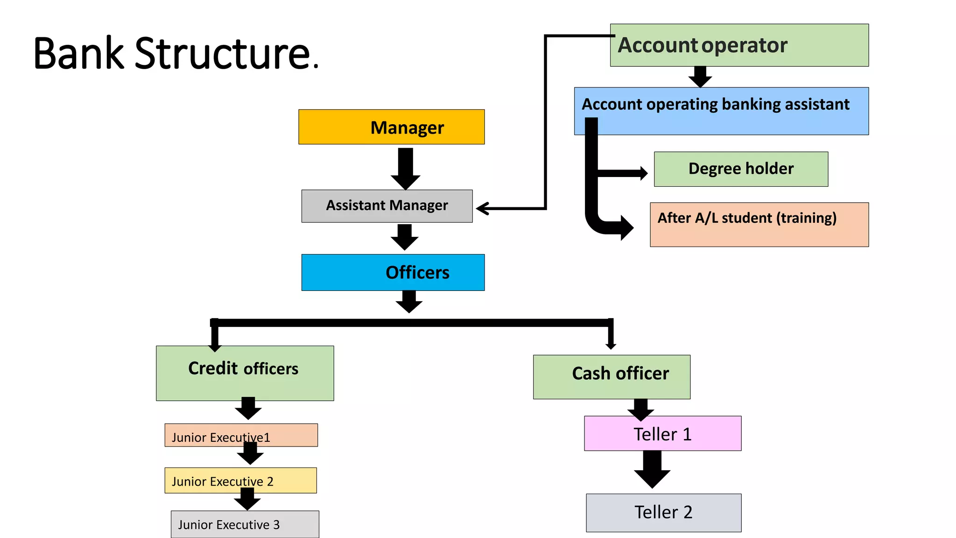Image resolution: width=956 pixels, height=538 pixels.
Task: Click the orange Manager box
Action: (391, 127)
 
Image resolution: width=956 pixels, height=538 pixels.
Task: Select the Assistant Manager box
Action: (387, 206)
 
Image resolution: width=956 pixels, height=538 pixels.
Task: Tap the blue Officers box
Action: (393, 272)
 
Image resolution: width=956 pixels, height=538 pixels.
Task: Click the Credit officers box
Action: (245, 373)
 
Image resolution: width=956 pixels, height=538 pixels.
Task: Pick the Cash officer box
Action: (611, 376)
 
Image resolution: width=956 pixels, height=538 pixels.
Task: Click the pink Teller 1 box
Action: (662, 433)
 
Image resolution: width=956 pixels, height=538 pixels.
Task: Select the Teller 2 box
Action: (663, 512)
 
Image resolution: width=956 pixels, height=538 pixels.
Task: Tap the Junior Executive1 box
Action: (240, 435)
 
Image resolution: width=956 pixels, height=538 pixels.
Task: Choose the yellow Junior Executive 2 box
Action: (240, 480)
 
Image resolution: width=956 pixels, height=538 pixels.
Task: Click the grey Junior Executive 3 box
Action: (245, 524)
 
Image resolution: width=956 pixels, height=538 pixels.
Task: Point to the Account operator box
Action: (739, 45)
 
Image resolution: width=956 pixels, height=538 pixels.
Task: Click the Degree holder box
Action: (740, 169)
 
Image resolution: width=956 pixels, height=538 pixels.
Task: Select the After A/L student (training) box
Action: (759, 224)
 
